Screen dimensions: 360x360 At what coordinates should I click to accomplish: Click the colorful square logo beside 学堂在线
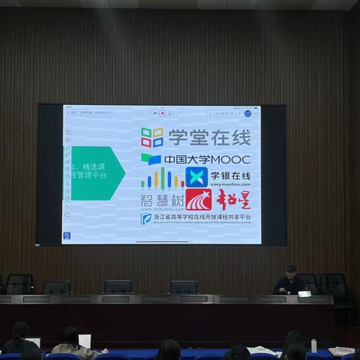click(x=151, y=137)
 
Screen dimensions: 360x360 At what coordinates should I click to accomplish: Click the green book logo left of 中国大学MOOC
click(x=151, y=159)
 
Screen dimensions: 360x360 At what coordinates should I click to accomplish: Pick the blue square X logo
click(x=196, y=177)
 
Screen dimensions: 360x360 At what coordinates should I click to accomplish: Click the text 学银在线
click(x=231, y=175)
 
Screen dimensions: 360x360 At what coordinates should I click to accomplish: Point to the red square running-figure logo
click(x=199, y=199)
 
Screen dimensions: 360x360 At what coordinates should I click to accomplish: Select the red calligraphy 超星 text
click(x=233, y=199)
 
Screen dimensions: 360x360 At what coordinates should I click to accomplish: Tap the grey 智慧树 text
click(x=162, y=200)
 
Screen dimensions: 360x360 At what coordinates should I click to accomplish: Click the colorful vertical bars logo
click(x=162, y=178)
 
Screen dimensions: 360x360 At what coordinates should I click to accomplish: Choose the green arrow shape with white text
click(x=95, y=172)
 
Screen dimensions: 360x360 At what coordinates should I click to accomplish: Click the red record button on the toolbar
click(x=163, y=113)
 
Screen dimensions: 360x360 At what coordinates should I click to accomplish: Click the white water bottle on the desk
click(x=313, y=345)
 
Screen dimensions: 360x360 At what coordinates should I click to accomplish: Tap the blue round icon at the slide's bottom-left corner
click(x=67, y=235)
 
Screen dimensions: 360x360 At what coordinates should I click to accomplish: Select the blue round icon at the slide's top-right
click(x=247, y=113)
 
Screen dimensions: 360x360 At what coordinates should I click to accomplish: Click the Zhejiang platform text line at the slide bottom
click(x=202, y=217)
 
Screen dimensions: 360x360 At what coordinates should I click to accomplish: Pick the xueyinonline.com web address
click(x=230, y=184)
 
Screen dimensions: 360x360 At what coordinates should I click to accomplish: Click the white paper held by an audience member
click(x=85, y=340)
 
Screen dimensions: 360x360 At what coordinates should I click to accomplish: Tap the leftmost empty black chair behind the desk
click(x=19, y=283)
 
